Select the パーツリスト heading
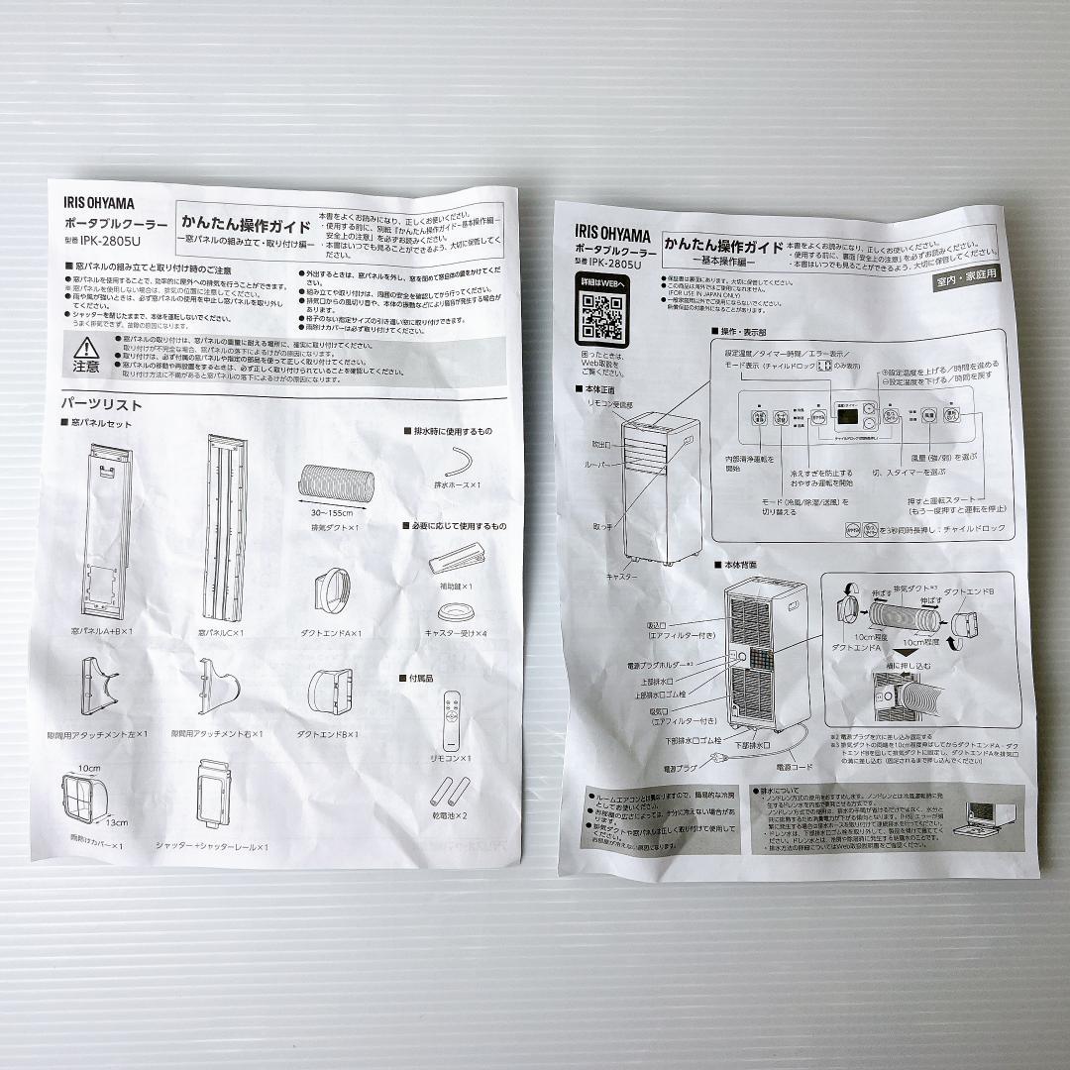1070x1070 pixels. pyautogui.click(x=102, y=404)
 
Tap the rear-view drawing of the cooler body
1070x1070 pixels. pyautogui.click(x=765, y=659)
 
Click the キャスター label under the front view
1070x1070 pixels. pyautogui.click(x=621, y=575)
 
